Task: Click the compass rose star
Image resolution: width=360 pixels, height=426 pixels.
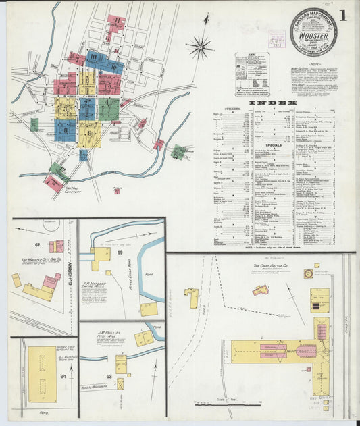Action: (199, 47)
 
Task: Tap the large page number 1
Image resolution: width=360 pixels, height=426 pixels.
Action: (344, 15)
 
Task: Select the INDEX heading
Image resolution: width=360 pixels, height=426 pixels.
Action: (282, 103)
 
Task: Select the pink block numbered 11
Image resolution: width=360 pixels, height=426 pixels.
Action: (116, 24)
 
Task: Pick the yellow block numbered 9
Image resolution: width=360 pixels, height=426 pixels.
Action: (90, 133)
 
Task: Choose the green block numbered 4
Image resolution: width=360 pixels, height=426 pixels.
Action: (109, 106)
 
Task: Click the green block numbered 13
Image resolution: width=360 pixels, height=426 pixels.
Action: (179, 152)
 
